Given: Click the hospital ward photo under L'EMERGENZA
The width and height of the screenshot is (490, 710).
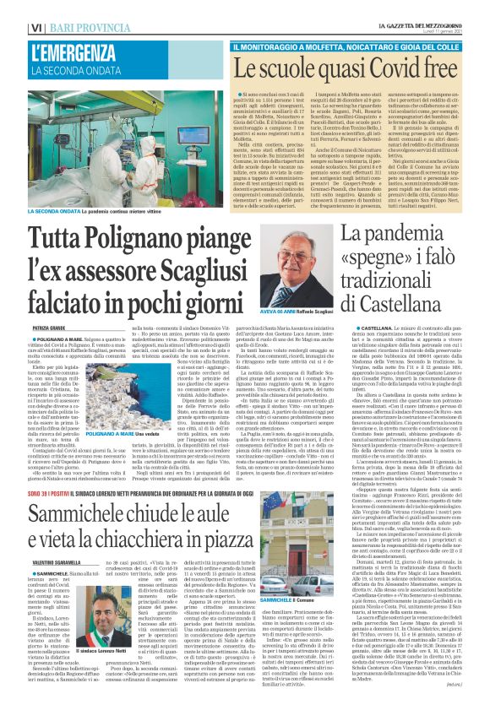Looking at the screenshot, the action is click(x=119, y=144).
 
